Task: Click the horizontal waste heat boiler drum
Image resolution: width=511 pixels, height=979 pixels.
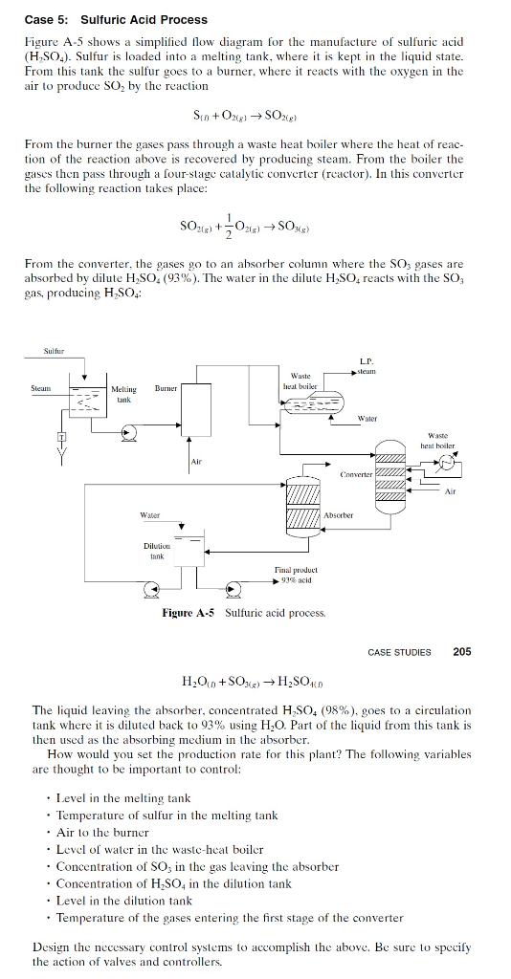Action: [x=312, y=404]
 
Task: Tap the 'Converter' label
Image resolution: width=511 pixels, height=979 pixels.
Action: [x=357, y=473]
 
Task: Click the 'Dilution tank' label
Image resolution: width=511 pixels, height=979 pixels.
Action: [x=156, y=552]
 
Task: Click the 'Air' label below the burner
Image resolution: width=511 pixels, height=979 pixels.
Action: [x=196, y=461]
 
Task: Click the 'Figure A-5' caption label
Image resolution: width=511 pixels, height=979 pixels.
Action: [x=190, y=612]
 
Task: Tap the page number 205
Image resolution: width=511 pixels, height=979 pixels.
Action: [x=461, y=652]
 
